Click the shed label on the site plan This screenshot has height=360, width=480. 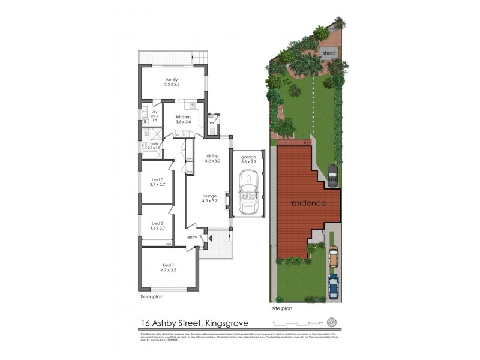point(328,53)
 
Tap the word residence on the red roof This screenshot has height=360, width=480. point(307,203)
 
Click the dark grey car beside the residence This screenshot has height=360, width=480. point(332,175)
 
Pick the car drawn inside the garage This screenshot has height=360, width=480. point(248,193)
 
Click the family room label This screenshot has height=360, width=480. point(172,80)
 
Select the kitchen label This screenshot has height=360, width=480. point(183,116)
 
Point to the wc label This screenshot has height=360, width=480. point(213,124)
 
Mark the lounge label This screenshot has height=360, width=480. point(209,196)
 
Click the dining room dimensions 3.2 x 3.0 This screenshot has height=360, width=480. point(213,161)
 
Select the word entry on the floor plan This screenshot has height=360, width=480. point(192,237)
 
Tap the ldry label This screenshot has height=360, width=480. point(154,112)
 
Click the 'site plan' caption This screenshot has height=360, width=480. point(282,308)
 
